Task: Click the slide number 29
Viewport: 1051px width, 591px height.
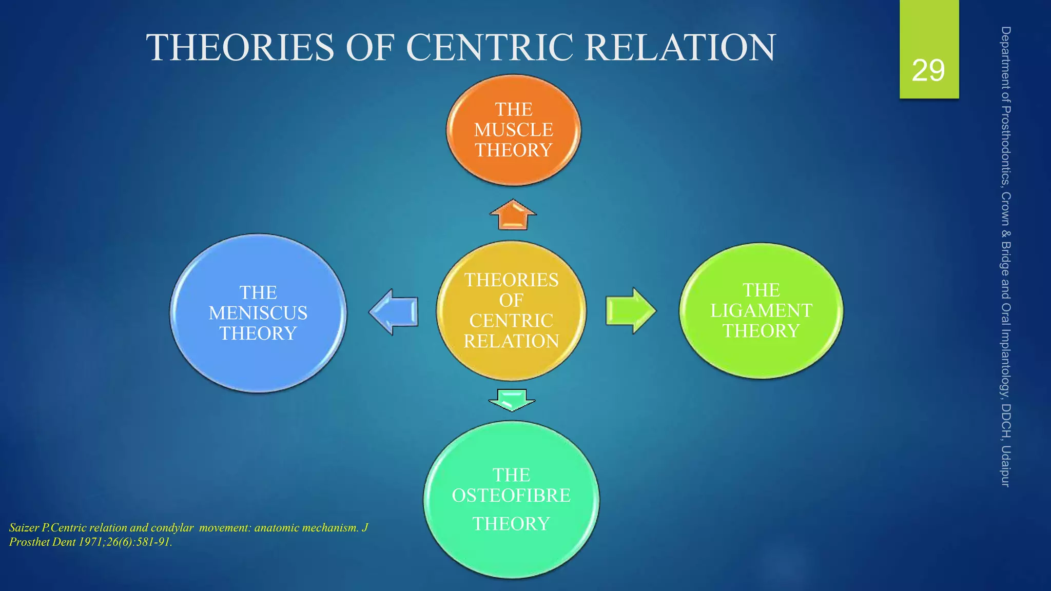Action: tap(928, 71)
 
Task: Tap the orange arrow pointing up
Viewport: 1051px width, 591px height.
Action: tap(513, 215)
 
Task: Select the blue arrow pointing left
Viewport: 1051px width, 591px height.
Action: tap(394, 312)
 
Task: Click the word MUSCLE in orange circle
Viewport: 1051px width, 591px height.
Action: tap(513, 130)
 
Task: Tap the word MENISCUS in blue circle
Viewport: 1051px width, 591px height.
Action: tap(258, 313)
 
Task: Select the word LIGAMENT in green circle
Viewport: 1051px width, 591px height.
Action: tap(761, 310)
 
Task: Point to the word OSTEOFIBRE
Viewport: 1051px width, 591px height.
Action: tap(511, 496)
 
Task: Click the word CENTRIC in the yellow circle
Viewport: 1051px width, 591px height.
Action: tap(511, 321)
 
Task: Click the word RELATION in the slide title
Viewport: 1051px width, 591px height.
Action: tap(680, 48)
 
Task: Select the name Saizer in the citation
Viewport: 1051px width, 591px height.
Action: tap(24, 527)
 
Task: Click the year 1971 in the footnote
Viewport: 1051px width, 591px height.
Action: tap(91, 542)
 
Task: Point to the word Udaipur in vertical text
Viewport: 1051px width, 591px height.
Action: tap(1006, 466)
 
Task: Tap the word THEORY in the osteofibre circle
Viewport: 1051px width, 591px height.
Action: tap(511, 524)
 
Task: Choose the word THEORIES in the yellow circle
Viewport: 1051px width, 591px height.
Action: tap(511, 280)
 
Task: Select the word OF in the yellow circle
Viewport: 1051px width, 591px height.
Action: tap(511, 301)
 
